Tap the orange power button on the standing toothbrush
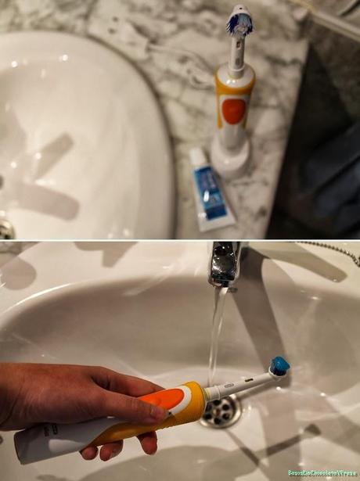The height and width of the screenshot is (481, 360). click(x=233, y=110)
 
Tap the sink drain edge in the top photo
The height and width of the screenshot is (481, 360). click(x=6, y=228)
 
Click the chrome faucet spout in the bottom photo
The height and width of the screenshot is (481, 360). click(x=224, y=266)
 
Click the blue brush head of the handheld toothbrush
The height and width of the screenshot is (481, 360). click(x=279, y=364)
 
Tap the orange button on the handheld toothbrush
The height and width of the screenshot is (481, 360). click(x=164, y=399)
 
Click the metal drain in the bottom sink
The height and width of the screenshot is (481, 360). click(x=221, y=411)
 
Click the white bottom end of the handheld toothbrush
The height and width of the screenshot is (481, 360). click(x=31, y=446)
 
